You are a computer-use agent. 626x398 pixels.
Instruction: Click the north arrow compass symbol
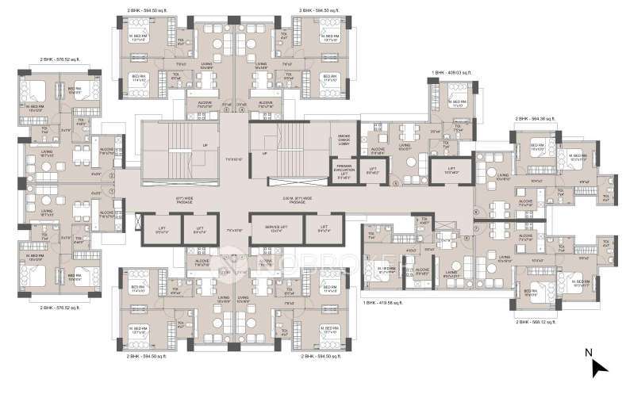pyautogui.click(x=600, y=365)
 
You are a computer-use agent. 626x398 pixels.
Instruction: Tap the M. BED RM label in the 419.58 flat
pyautogui.click(x=387, y=270)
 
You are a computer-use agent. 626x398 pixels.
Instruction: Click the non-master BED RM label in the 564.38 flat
pyautogui.click(x=535, y=145)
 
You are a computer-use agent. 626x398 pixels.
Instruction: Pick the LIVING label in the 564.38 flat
pyautogui.click(x=502, y=179)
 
